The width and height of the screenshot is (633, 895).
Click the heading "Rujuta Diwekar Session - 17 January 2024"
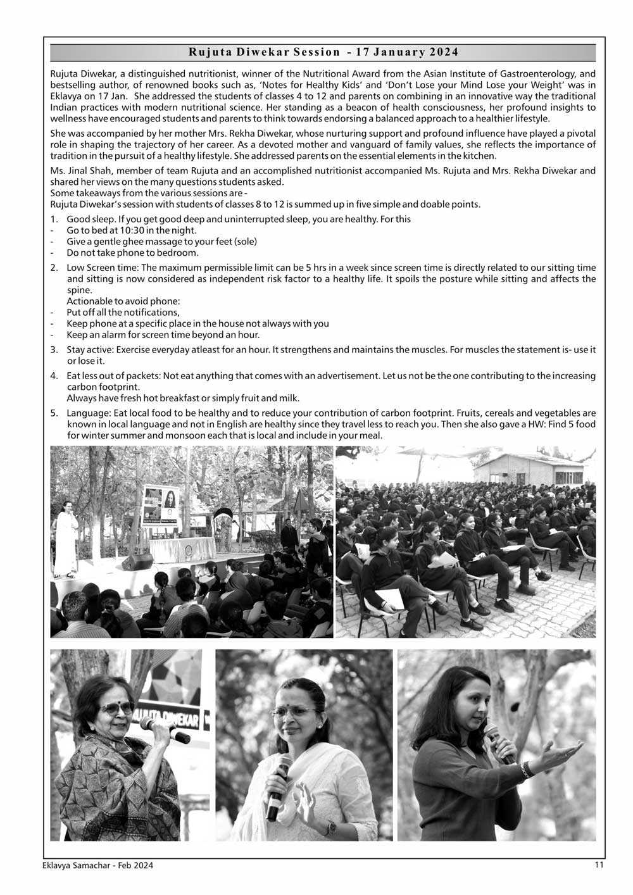(323, 53)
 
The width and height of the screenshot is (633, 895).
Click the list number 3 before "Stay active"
(54, 350)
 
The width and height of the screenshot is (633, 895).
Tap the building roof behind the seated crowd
(532, 460)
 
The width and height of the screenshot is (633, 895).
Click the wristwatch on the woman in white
(331, 826)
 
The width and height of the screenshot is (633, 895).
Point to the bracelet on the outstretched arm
(525, 769)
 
